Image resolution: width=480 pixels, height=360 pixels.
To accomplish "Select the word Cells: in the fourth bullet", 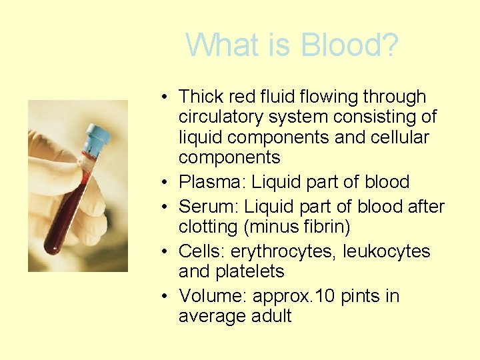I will point(202,251).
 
